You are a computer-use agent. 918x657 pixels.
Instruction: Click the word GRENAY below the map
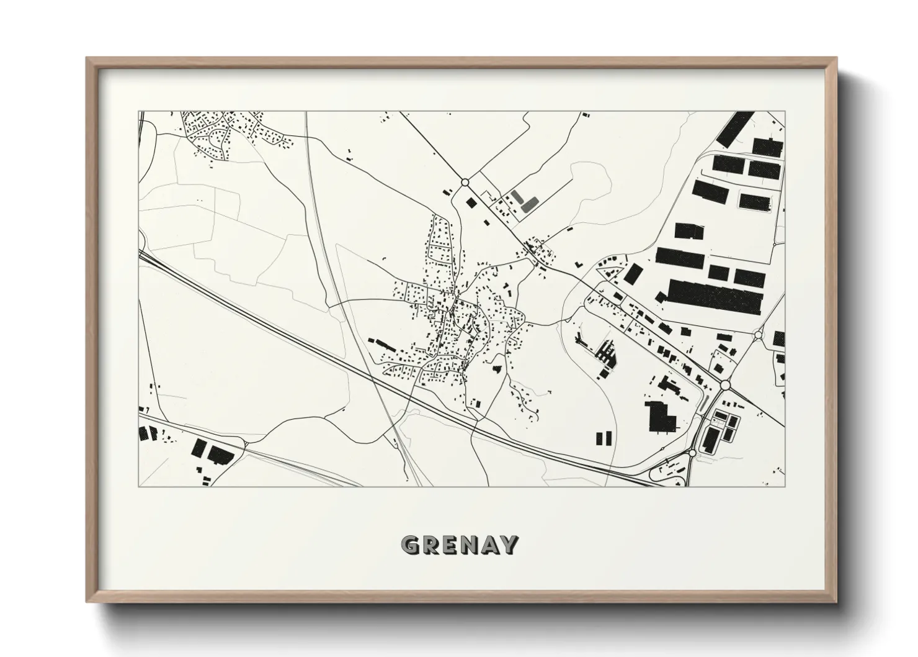tap(459, 545)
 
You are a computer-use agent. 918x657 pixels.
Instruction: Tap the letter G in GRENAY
tap(411, 545)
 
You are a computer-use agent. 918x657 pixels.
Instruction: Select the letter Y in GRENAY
tap(508, 545)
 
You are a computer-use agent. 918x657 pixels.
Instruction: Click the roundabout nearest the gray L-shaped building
tap(465, 182)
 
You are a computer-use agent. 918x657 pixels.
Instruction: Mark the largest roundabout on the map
tap(725, 386)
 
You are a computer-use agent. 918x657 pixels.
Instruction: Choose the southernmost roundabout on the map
tap(692, 455)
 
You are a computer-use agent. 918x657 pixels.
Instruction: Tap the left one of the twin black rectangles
tap(599, 439)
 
